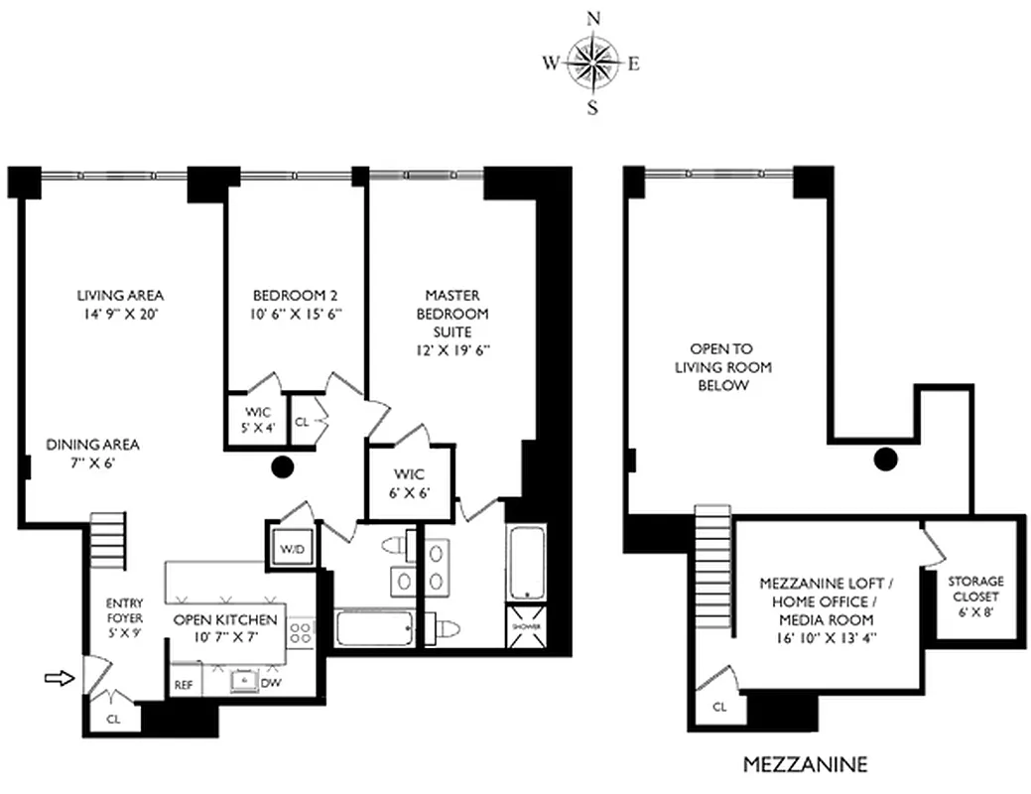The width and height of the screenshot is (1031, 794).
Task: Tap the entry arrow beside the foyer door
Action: (x=60, y=679)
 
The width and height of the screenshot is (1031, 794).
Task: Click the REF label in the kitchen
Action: (x=184, y=684)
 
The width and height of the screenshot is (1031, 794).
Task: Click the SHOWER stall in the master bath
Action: (x=523, y=625)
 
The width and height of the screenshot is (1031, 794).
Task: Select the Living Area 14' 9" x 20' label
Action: (x=120, y=304)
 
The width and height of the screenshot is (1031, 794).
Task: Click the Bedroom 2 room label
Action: (x=296, y=304)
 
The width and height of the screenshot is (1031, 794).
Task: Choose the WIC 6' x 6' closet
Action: (x=410, y=483)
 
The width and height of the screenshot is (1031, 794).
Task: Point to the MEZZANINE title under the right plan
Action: (x=805, y=764)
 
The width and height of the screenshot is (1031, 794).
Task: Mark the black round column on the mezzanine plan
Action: (x=885, y=458)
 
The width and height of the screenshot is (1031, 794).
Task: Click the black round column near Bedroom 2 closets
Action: (x=283, y=465)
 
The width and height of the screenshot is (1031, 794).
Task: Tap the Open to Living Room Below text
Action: (x=721, y=367)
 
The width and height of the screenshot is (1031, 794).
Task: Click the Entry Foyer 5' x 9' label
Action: (x=124, y=616)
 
